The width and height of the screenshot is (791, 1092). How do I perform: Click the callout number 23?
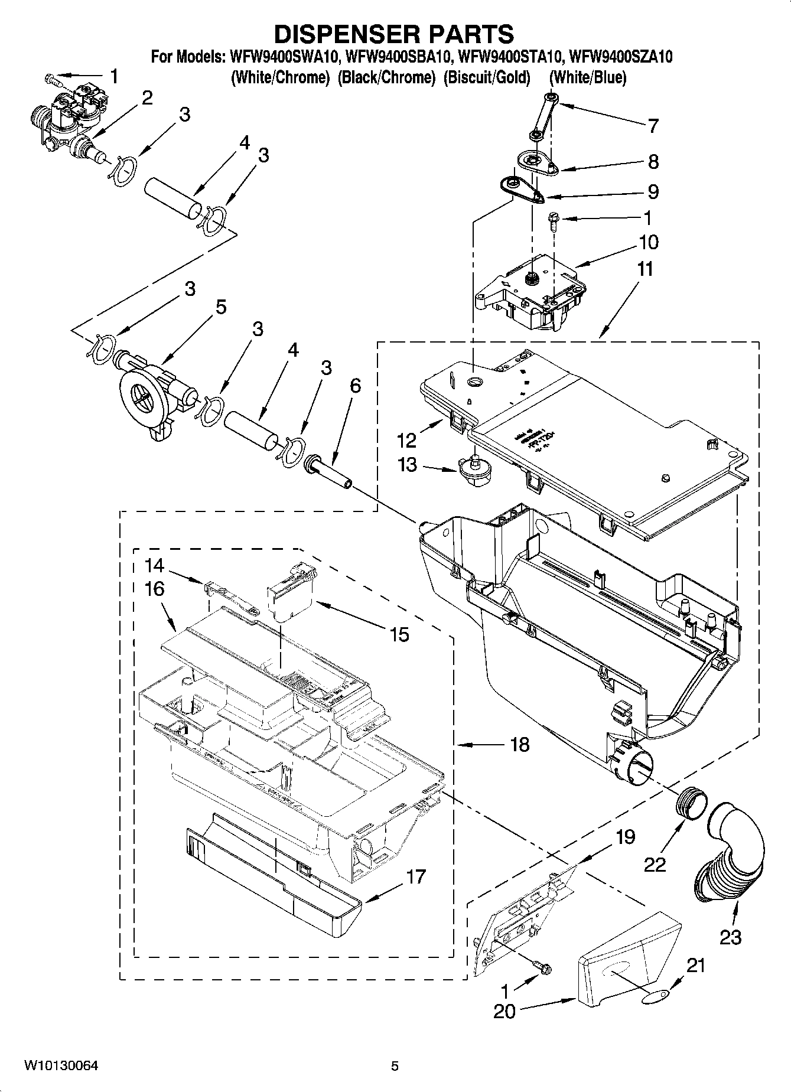pyautogui.click(x=730, y=937)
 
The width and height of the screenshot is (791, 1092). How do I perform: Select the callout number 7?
pyautogui.click(x=653, y=126)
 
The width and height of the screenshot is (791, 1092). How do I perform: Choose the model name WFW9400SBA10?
pyautogui.click(x=399, y=57)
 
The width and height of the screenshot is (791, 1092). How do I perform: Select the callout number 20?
pyautogui.click(x=504, y=1011)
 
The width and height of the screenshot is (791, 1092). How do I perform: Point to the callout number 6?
pyautogui.click(x=354, y=386)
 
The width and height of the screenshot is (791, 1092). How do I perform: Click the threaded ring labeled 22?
pyautogui.click(x=691, y=804)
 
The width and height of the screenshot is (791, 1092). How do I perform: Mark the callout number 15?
pyautogui.click(x=399, y=634)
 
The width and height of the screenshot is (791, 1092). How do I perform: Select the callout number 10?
pyautogui.click(x=648, y=242)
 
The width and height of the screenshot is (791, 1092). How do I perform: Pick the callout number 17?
pyautogui.click(x=415, y=876)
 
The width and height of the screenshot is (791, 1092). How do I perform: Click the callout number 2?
pyautogui.click(x=147, y=97)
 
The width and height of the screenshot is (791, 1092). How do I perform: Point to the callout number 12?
pyautogui.click(x=406, y=440)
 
